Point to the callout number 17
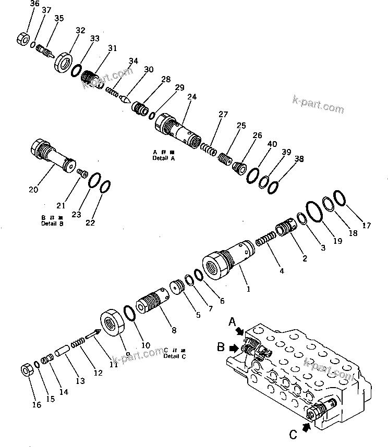click(367, 226)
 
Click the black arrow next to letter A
click(240, 331)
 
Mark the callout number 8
click(174, 330)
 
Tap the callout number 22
click(90, 222)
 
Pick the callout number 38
click(299, 159)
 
